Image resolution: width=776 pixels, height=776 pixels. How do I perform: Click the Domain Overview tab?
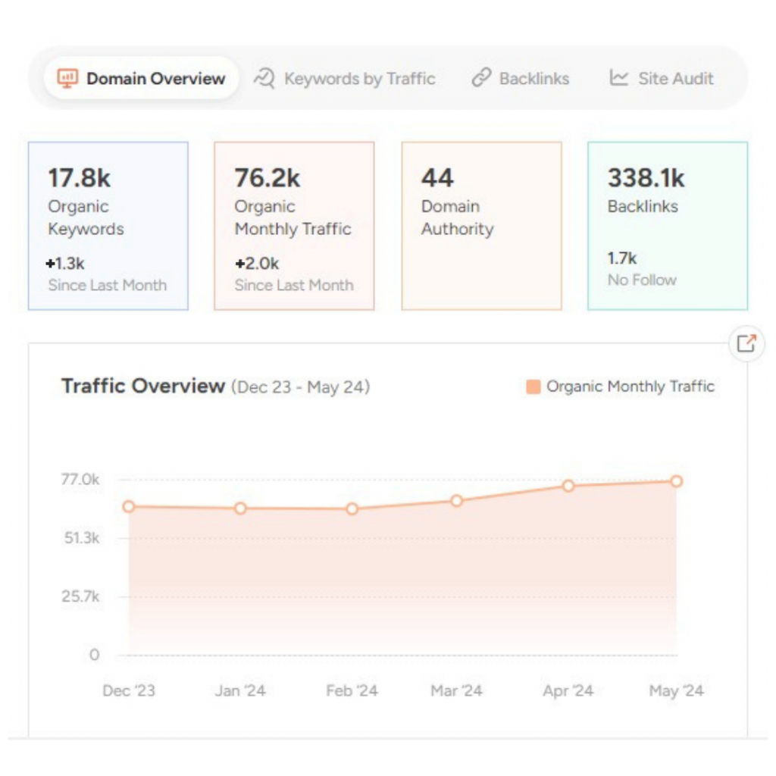[142, 79]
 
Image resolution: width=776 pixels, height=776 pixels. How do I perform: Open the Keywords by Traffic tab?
[345, 79]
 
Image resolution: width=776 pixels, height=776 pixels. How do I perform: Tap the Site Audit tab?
[662, 79]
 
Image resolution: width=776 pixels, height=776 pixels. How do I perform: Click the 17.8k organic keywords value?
[79, 178]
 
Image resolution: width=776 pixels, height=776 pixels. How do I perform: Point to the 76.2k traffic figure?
[267, 178]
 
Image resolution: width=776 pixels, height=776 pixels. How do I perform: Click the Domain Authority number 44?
[437, 178]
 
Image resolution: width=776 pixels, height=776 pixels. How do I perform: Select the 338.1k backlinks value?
[646, 178]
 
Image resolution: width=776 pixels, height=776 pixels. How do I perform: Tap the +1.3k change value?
[64, 264]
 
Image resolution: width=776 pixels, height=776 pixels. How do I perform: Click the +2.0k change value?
[256, 264]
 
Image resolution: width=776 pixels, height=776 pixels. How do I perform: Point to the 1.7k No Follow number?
[622, 258]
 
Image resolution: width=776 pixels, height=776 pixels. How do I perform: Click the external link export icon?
[746, 344]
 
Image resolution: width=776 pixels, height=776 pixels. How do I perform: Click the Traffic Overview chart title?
[143, 386]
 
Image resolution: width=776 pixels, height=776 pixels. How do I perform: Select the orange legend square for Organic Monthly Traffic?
[533, 387]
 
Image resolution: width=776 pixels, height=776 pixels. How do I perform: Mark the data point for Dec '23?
[129, 506]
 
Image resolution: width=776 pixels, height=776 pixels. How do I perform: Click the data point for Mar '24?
[456, 501]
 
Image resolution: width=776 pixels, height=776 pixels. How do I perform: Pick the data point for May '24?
[677, 481]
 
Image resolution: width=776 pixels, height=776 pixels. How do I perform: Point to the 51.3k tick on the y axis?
[80, 538]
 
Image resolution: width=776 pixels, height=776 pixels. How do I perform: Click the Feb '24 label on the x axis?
[352, 691]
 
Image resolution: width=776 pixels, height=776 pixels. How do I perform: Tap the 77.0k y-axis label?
[80, 480]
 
